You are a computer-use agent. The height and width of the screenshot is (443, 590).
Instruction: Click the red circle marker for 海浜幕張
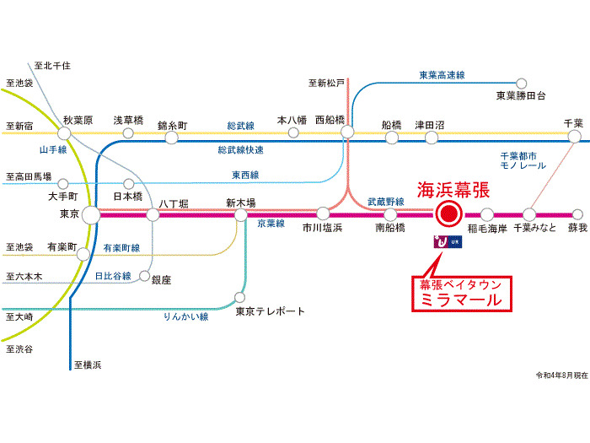coord(448,214)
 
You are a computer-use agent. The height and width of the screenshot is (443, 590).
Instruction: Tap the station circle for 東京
coord(90,215)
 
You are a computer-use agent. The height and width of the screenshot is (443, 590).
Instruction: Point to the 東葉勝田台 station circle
coord(522,83)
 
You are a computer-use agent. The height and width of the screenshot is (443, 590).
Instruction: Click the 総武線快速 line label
coord(240,149)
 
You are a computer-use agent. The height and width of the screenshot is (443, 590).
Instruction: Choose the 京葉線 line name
coord(271,224)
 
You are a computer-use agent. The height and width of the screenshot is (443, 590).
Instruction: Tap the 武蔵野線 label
coord(386,202)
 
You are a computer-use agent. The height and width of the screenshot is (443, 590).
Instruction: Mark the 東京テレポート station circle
coord(240,298)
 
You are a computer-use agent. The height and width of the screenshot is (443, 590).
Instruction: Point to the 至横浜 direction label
coord(87,365)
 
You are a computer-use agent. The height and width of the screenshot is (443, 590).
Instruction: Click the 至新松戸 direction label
coord(326,83)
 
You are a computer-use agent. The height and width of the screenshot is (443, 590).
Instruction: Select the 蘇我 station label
coord(577,228)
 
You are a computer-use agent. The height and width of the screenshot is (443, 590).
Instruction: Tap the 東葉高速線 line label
coord(442,75)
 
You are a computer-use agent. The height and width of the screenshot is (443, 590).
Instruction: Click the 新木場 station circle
coord(240,214)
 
